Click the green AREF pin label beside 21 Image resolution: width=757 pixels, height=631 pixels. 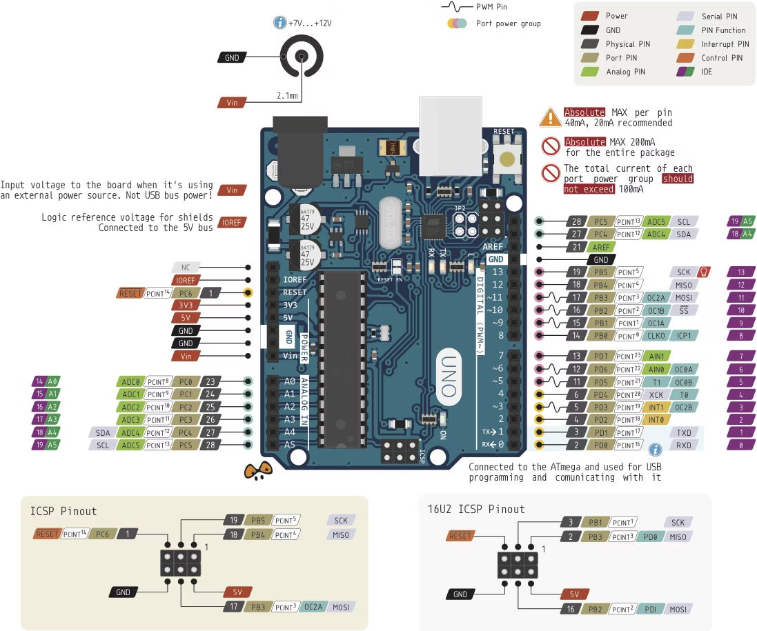601,247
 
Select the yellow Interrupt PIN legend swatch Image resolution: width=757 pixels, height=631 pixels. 685,44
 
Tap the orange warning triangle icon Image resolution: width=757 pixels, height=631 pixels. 550,117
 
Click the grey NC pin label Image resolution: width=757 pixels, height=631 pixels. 186,267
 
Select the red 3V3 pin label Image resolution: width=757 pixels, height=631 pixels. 186,306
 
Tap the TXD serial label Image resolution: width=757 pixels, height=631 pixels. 684,432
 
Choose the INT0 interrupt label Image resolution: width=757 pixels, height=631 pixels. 656,419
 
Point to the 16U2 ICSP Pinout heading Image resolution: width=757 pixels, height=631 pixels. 476,509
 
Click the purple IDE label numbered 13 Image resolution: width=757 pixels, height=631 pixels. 741,272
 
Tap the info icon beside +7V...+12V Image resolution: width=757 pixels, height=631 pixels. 279,23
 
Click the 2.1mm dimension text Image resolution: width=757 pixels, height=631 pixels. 287,96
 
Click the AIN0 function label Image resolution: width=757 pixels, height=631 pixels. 656,368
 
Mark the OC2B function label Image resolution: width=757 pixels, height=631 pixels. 684,407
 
